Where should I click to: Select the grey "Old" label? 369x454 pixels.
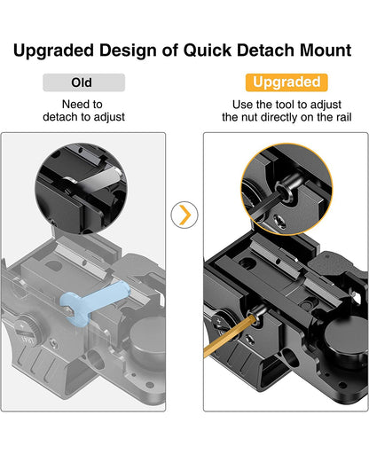(83, 82)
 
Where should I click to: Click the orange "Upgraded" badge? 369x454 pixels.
(286, 82)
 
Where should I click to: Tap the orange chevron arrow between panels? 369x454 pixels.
(184, 214)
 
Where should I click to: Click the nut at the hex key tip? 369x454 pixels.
(259, 313)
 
